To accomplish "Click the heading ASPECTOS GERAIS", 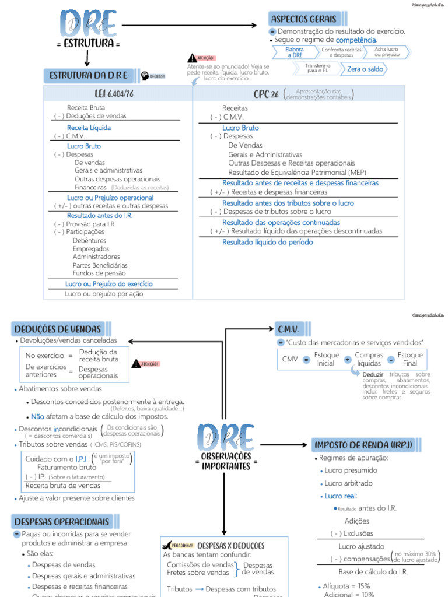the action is pyautogui.click(x=303, y=19).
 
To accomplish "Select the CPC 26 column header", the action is pyautogui.click(x=266, y=94).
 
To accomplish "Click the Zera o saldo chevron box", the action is pyautogui.click(x=365, y=69).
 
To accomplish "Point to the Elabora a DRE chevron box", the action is pyautogui.click(x=295, y=52).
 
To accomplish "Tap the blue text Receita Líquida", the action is pyautogui.click(x=89, y=128).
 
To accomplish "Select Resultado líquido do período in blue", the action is pyautogui.click(x=267, y=242).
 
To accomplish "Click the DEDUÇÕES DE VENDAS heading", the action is pyautogui.click(x=57, y=329).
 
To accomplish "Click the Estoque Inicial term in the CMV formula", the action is pyautogui.click(x=325, y=359).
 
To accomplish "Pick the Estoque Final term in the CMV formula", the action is pyautogui.click(x=410, y=359).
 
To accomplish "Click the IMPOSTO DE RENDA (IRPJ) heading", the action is pyautogui.click(x=363, y=445).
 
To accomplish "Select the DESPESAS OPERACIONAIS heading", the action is pyautogui.click(x=61, y=521).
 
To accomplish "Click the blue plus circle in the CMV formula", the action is pyautogui.click(x=348, y=360).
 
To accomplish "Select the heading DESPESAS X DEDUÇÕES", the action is pyautogui.click(x=232, y=546).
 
